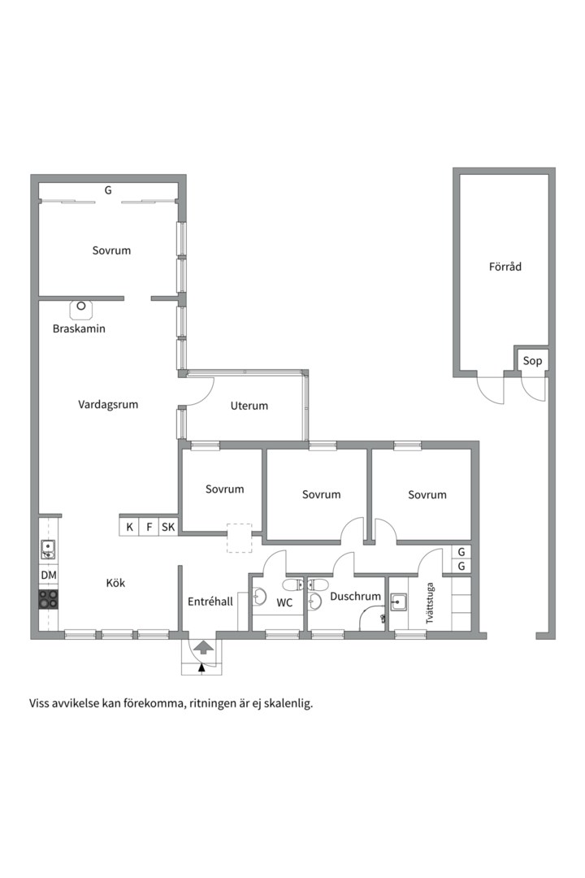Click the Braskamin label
[x=79, y=329]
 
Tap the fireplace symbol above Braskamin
[x=81, y=308]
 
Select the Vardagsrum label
[x=108, y=404]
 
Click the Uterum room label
[x=249, y=406]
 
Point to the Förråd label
[x=505, y=267]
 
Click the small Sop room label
[x=532, y=361]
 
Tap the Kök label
[x=115, y=582]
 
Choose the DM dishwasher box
[x=49, y=576]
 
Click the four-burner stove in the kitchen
[x=49, y=599]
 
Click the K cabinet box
[x=129, y=528]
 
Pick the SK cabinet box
[x=168, y=528]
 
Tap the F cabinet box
[x=149, y=528]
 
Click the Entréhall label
[x=210, y=602]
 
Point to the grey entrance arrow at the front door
[x=203, y=648]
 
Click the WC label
[x=284, y=602]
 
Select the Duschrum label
[x=355, y=597]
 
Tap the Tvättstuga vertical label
[x=430, y=602]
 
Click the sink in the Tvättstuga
[x=399, y=602]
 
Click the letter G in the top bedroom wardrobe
[x=107, y=190]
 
